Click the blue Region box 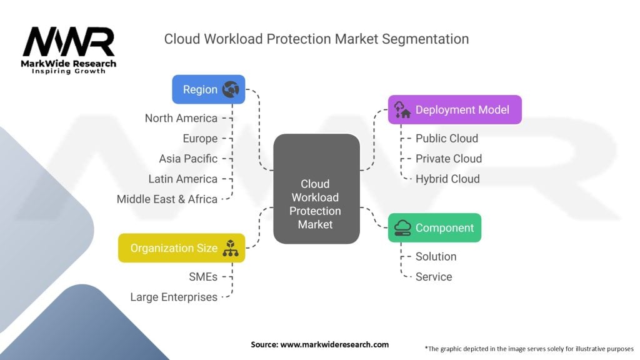click(208, 89)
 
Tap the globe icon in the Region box click(231, 90)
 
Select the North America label click(181, 118)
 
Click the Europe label click(200, 138)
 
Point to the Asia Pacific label click(188, 159)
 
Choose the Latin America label click(182, 179)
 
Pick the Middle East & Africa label click(167, 199)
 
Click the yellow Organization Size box click(181, 248)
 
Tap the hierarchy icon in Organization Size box click(231, 248)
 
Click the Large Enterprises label click(174, 297)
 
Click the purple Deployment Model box click(454, 110)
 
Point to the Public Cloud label click(446, 138)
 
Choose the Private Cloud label click(449, 159)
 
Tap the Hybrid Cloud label click(447, 179)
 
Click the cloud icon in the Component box click(402, 228)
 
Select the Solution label click(436, 256)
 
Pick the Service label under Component click(433, 277)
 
